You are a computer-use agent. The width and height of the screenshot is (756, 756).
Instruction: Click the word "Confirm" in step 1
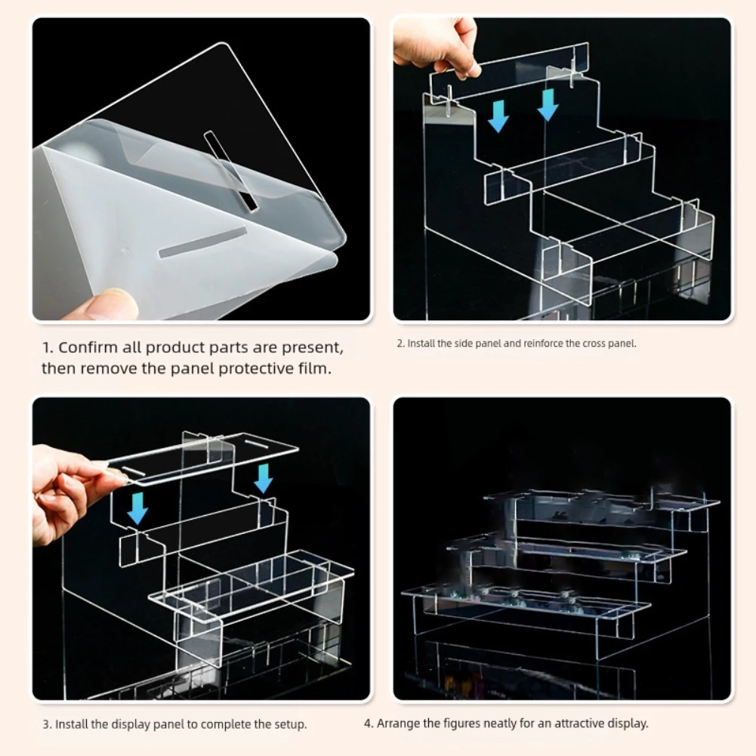pyautogui.click(x=88, y=347)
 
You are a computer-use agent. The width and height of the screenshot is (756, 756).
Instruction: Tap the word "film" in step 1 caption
pyautogui.click(x=313, y=368)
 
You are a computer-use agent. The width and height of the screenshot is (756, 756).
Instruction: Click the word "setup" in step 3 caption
pyautogui.click(x=288, y=725)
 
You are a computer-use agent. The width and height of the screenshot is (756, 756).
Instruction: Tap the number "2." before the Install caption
pyautogui.click(x=401, y=344)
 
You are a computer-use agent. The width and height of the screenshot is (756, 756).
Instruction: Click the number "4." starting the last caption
pyautogui.click(x=369, y=724)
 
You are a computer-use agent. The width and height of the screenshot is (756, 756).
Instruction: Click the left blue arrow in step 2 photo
pyautogui.click(x=498, y=116)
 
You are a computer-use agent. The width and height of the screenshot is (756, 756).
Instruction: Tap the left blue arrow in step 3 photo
pyautogui.click(x=137, y=508)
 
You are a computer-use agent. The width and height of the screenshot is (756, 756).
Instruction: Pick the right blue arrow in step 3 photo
pyautogui.click(x=264, y=478)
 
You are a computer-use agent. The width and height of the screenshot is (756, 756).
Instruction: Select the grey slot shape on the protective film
pyautogui.click(x=203, y=242)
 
